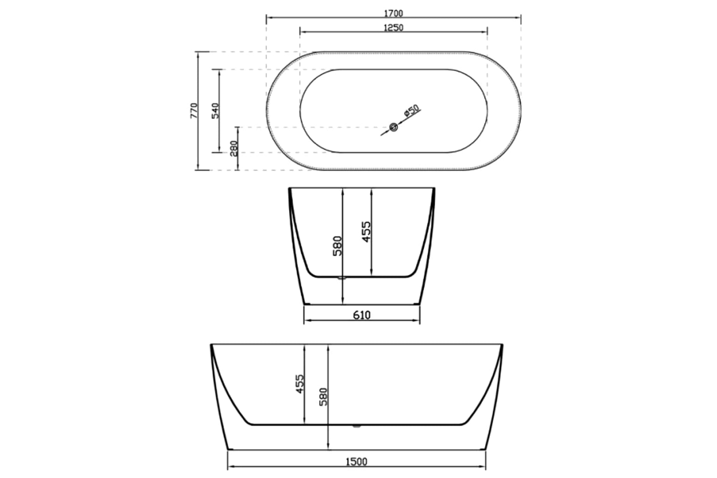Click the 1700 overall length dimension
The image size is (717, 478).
pos(393,14)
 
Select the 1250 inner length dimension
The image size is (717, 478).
pos(393,28)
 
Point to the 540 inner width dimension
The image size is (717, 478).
pos(215,111)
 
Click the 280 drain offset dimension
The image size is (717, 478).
pos(234,148)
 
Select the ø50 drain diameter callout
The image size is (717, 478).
pos(412,111)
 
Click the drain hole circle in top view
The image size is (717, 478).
pos(394,127)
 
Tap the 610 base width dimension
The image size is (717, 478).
pos(362,316)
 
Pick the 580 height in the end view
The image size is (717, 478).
pos(337,246)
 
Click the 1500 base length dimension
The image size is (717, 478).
pos(357,462)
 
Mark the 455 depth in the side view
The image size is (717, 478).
pos(300,384)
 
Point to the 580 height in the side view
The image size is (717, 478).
pos(323,397)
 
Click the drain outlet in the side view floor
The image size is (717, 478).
pos(357,425)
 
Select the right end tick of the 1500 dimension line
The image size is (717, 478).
pos(487,466)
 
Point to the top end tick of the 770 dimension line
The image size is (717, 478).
pos(198,52)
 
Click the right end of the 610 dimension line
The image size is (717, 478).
pos(420,321)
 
